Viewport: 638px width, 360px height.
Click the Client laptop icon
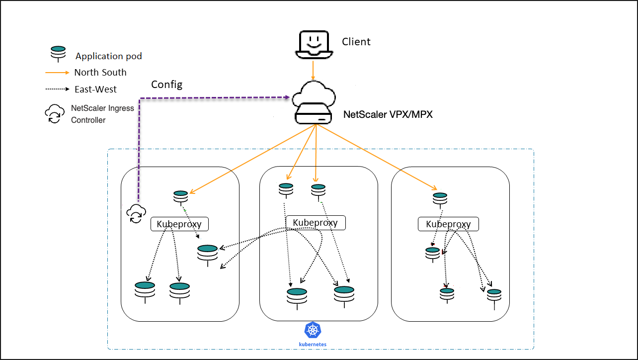tap(314, 44)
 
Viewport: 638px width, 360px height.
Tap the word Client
tap(356, 42)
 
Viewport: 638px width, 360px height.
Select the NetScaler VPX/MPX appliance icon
tap(314, 102)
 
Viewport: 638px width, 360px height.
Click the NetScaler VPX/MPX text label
tap(388, 114)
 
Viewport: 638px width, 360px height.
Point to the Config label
tap(166, 85)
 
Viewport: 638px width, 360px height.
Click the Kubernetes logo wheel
tap(313, 330)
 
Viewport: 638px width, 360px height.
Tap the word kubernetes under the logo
tap(313, 344)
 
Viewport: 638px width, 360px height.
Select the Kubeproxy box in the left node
tap(179, 224)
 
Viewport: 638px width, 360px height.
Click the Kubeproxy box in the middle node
tap(316, 223)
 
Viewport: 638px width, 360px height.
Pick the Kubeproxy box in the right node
tap(448, 224)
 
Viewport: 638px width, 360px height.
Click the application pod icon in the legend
tap(58, 54)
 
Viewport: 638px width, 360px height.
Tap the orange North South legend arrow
tap(57, 73)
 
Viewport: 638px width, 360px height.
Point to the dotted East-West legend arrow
tap(57, 89)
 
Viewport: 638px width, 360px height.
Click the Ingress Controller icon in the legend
tap(54, 114)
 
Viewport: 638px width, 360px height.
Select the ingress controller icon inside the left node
tap(136, 213)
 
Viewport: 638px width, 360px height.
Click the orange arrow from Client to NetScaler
tap(313, 71)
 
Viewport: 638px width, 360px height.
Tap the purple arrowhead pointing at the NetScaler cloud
tap(288, 97)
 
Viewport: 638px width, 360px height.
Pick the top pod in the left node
tap(180, 198)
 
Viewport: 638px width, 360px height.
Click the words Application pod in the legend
tap(108, 56)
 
